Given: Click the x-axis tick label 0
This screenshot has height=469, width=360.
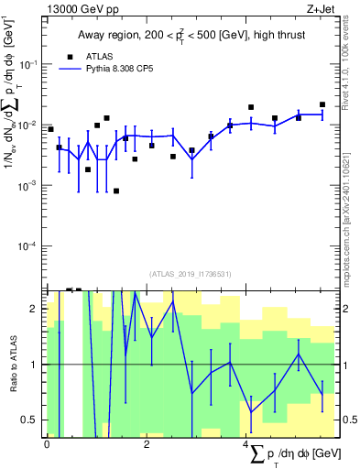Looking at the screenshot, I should (47, 442).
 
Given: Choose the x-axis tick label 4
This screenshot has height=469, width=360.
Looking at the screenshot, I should (245, 442).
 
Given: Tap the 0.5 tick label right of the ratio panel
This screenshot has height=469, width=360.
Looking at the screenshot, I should (349, 420).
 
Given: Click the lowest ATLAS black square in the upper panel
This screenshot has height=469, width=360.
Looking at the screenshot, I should (116, 191).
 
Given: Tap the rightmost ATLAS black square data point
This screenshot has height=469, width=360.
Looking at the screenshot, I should (322, 104).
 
